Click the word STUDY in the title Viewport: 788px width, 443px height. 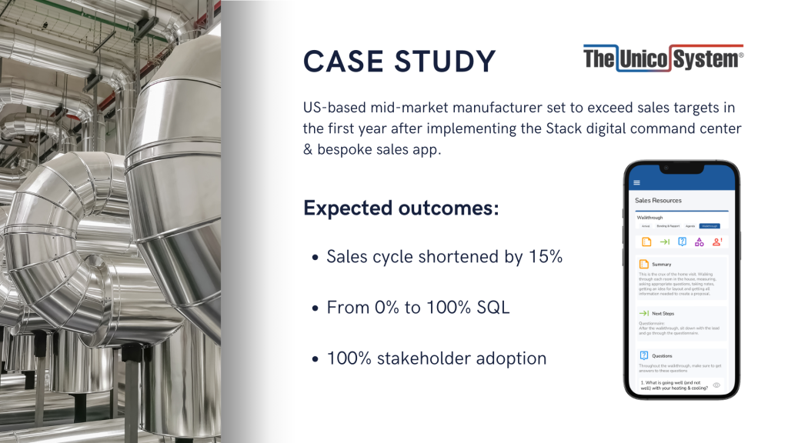click(446, 62)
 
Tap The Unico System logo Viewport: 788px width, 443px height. click(663, 56)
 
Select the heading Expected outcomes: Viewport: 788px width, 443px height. click(401, 208)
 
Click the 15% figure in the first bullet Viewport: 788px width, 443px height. click(545, 257)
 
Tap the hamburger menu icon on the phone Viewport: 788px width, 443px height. click(636, 183)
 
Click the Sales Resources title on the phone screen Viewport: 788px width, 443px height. click(658, 201)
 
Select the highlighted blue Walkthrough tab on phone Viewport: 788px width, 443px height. click(709, 226)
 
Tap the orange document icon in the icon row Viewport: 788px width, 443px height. click(646, 242)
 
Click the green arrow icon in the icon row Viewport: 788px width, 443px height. click(664, 242)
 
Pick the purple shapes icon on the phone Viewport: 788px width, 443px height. click(699, 242)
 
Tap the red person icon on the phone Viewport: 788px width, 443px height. click(716, 242)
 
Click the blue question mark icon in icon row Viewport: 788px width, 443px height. click(682, 242)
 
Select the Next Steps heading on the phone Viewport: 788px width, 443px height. click(663, 314)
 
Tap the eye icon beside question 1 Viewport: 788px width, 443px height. click(716, 385)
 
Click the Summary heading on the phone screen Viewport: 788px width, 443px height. click(661, 265)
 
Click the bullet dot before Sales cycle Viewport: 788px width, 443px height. click(316, 258)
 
